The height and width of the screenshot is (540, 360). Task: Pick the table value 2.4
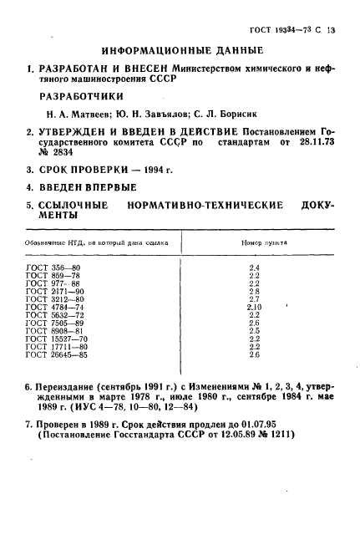(x=254, y=267)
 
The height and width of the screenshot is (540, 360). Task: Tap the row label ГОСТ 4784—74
(x=55, y=306)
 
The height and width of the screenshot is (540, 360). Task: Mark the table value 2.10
(x=254, y=306)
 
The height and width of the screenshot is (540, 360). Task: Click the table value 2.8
(x=254, y=290)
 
